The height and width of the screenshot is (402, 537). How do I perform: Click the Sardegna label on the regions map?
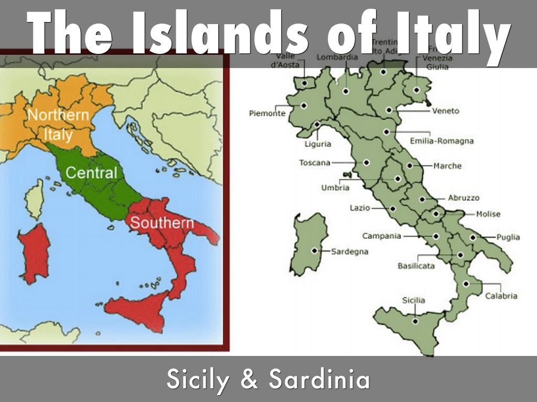click(349, 251)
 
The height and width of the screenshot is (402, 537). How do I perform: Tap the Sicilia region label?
click(414, 300)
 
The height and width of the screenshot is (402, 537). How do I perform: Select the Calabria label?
click(501, 296)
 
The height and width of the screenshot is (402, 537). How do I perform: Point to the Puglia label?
click(508, 237)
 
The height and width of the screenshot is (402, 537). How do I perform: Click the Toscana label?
click(315, 163)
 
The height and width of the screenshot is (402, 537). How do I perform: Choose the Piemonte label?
click(267, 113)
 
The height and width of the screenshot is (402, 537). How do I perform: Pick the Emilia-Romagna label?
click(442, 141)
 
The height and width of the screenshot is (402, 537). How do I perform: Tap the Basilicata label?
click(416, 266)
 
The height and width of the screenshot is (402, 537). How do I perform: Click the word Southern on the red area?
click(162, 222)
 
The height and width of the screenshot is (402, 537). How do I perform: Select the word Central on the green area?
click(91, 173)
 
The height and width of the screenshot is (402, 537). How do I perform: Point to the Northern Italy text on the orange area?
click(58, 125)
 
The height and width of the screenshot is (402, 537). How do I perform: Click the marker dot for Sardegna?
click(315, 251)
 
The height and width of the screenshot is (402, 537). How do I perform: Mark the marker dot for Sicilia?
click(415, 321)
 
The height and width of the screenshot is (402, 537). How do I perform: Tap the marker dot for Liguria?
click(317, 125)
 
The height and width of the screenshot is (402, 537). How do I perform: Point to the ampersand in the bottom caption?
click(251, 379)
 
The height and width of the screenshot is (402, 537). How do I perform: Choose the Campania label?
click(381, 236)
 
